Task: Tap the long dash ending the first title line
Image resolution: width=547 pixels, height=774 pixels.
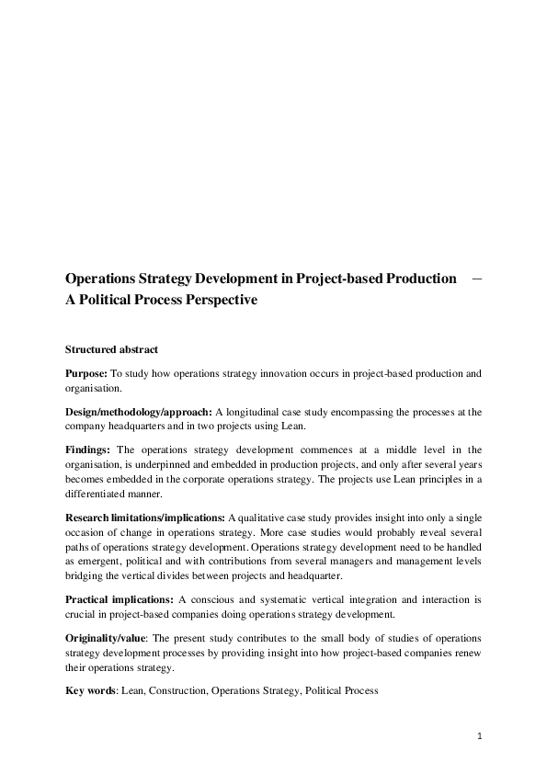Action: tap(477, 279)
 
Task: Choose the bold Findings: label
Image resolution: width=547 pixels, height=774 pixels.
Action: tap(88, 450)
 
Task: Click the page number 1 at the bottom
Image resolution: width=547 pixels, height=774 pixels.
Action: tap(480, 735)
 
